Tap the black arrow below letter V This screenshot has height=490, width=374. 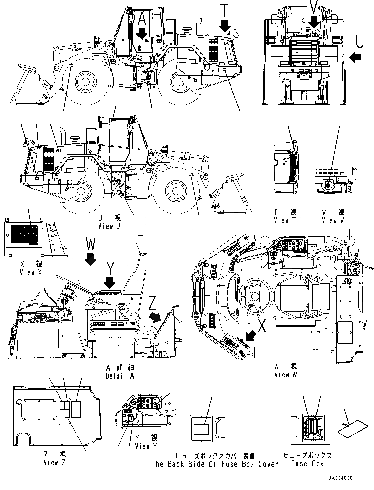point(314,22)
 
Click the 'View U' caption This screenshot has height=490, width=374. point(109,226)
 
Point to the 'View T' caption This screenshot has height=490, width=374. point(285,221)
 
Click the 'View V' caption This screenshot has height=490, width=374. point(333,221)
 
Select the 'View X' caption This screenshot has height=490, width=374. point(31,272)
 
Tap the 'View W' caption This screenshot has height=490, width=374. point(286,375)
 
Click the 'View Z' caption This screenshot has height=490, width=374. point(55,463)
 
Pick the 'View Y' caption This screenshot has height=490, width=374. point(146,446)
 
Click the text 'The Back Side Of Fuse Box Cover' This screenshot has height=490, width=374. point(214,464)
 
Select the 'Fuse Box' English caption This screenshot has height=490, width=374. point(307,464)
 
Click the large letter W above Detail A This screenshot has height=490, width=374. point(91,245)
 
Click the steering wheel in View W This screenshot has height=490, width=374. point(255,294)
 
